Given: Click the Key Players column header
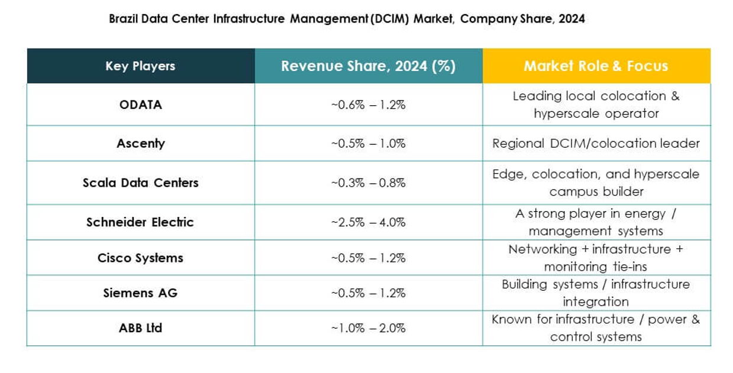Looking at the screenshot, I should coord(140,66).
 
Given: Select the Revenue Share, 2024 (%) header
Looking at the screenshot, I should coord(368,66).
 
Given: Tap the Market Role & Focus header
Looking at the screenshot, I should coord(596,66).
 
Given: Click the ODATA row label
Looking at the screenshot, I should coord(140,105).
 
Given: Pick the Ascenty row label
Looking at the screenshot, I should coord(140,144).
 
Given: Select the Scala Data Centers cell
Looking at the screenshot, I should coord(140,183).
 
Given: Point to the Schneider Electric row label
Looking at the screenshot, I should coord(140,222).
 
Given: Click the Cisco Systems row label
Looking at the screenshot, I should coord(140,258).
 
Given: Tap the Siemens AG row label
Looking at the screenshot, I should coord(140,293).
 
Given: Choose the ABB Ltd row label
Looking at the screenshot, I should coord(140,328).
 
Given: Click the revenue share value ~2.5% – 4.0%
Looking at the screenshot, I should coord(368,222).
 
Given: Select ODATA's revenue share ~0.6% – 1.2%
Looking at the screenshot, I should coord(368,105).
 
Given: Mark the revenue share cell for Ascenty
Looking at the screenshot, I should coord(368,144).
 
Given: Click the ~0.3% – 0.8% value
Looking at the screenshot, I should coord(368,183).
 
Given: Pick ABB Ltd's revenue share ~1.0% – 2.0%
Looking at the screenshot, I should coord(368,328).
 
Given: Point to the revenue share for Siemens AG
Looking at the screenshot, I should coord(368,293).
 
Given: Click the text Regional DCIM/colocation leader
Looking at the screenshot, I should coord(596,144).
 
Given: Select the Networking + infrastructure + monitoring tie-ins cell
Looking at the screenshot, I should coord(596,258).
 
